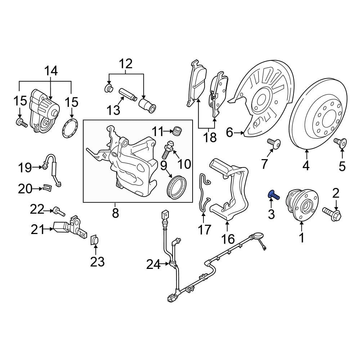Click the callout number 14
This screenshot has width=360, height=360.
pos(51,71)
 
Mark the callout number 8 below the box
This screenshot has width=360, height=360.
pos(115,213)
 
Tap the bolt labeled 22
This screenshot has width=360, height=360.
pos(59,211)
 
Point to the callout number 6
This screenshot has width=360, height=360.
pos(229,133)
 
